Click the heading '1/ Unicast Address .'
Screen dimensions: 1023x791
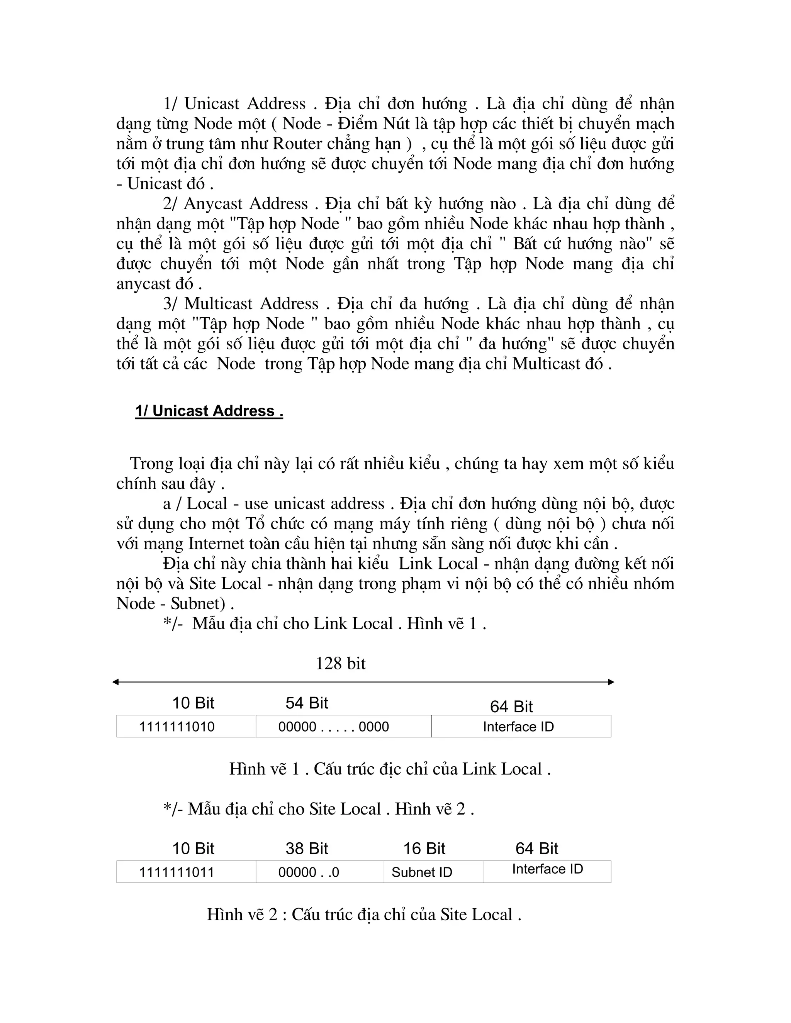pos(209,411)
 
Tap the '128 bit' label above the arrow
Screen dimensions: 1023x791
pos(341,663)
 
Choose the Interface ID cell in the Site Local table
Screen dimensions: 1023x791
pos(547,871)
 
